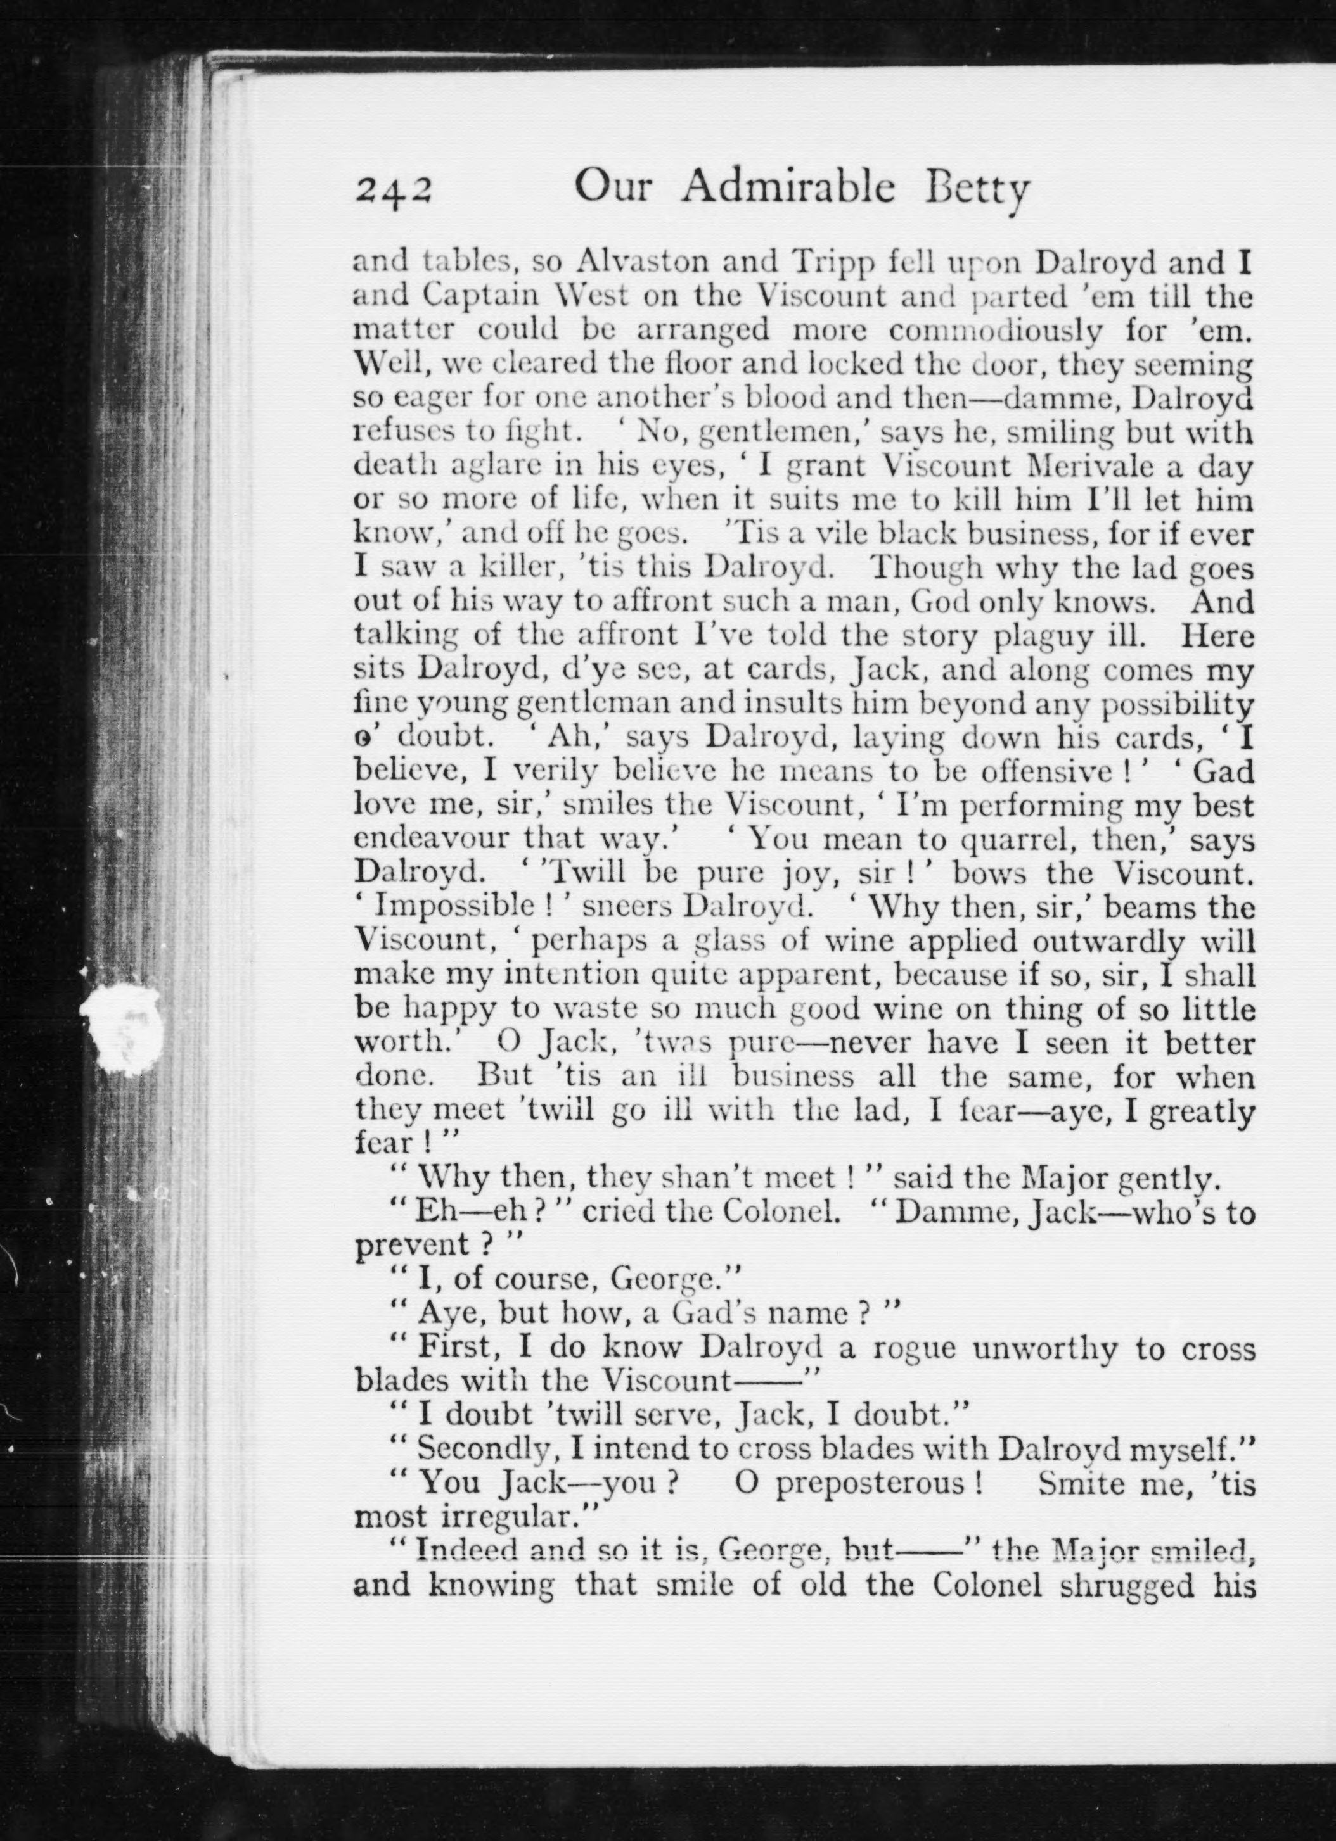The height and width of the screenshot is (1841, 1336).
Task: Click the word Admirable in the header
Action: (788, 187)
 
